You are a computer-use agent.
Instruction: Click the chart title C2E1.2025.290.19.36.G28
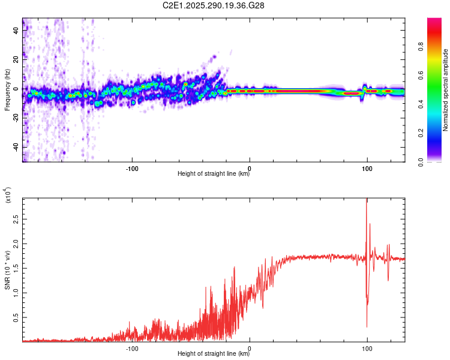(x=214, y=6)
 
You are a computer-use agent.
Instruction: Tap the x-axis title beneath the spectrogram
(x=214, y=174)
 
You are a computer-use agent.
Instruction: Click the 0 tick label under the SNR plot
(x=250, y=347)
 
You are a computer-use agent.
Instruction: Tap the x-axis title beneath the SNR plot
(x=214, y=354)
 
